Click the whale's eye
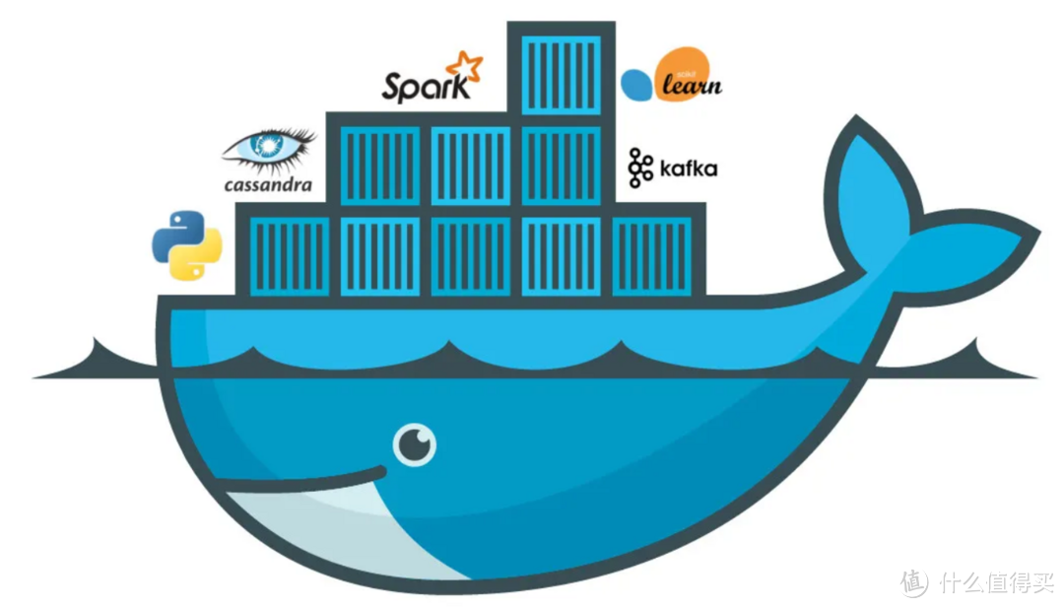point(415,446)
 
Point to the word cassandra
point(267,183)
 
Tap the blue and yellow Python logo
point(186,244)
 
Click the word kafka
point(688,169)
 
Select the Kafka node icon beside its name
point(640,168)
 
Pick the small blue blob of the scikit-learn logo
point(637,86)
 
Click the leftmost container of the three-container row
point(379,164)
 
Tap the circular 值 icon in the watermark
point(915,582)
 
